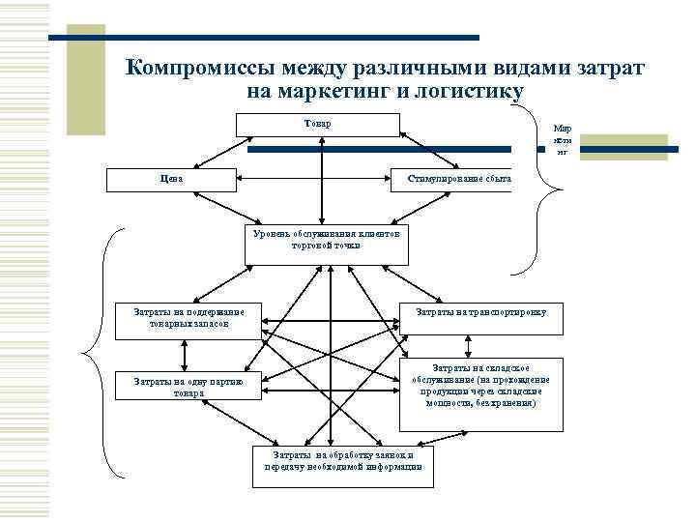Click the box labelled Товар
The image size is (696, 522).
317,125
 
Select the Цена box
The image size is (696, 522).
170,179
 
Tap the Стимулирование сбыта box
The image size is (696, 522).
451,179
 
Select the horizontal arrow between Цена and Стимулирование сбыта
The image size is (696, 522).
311,179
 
